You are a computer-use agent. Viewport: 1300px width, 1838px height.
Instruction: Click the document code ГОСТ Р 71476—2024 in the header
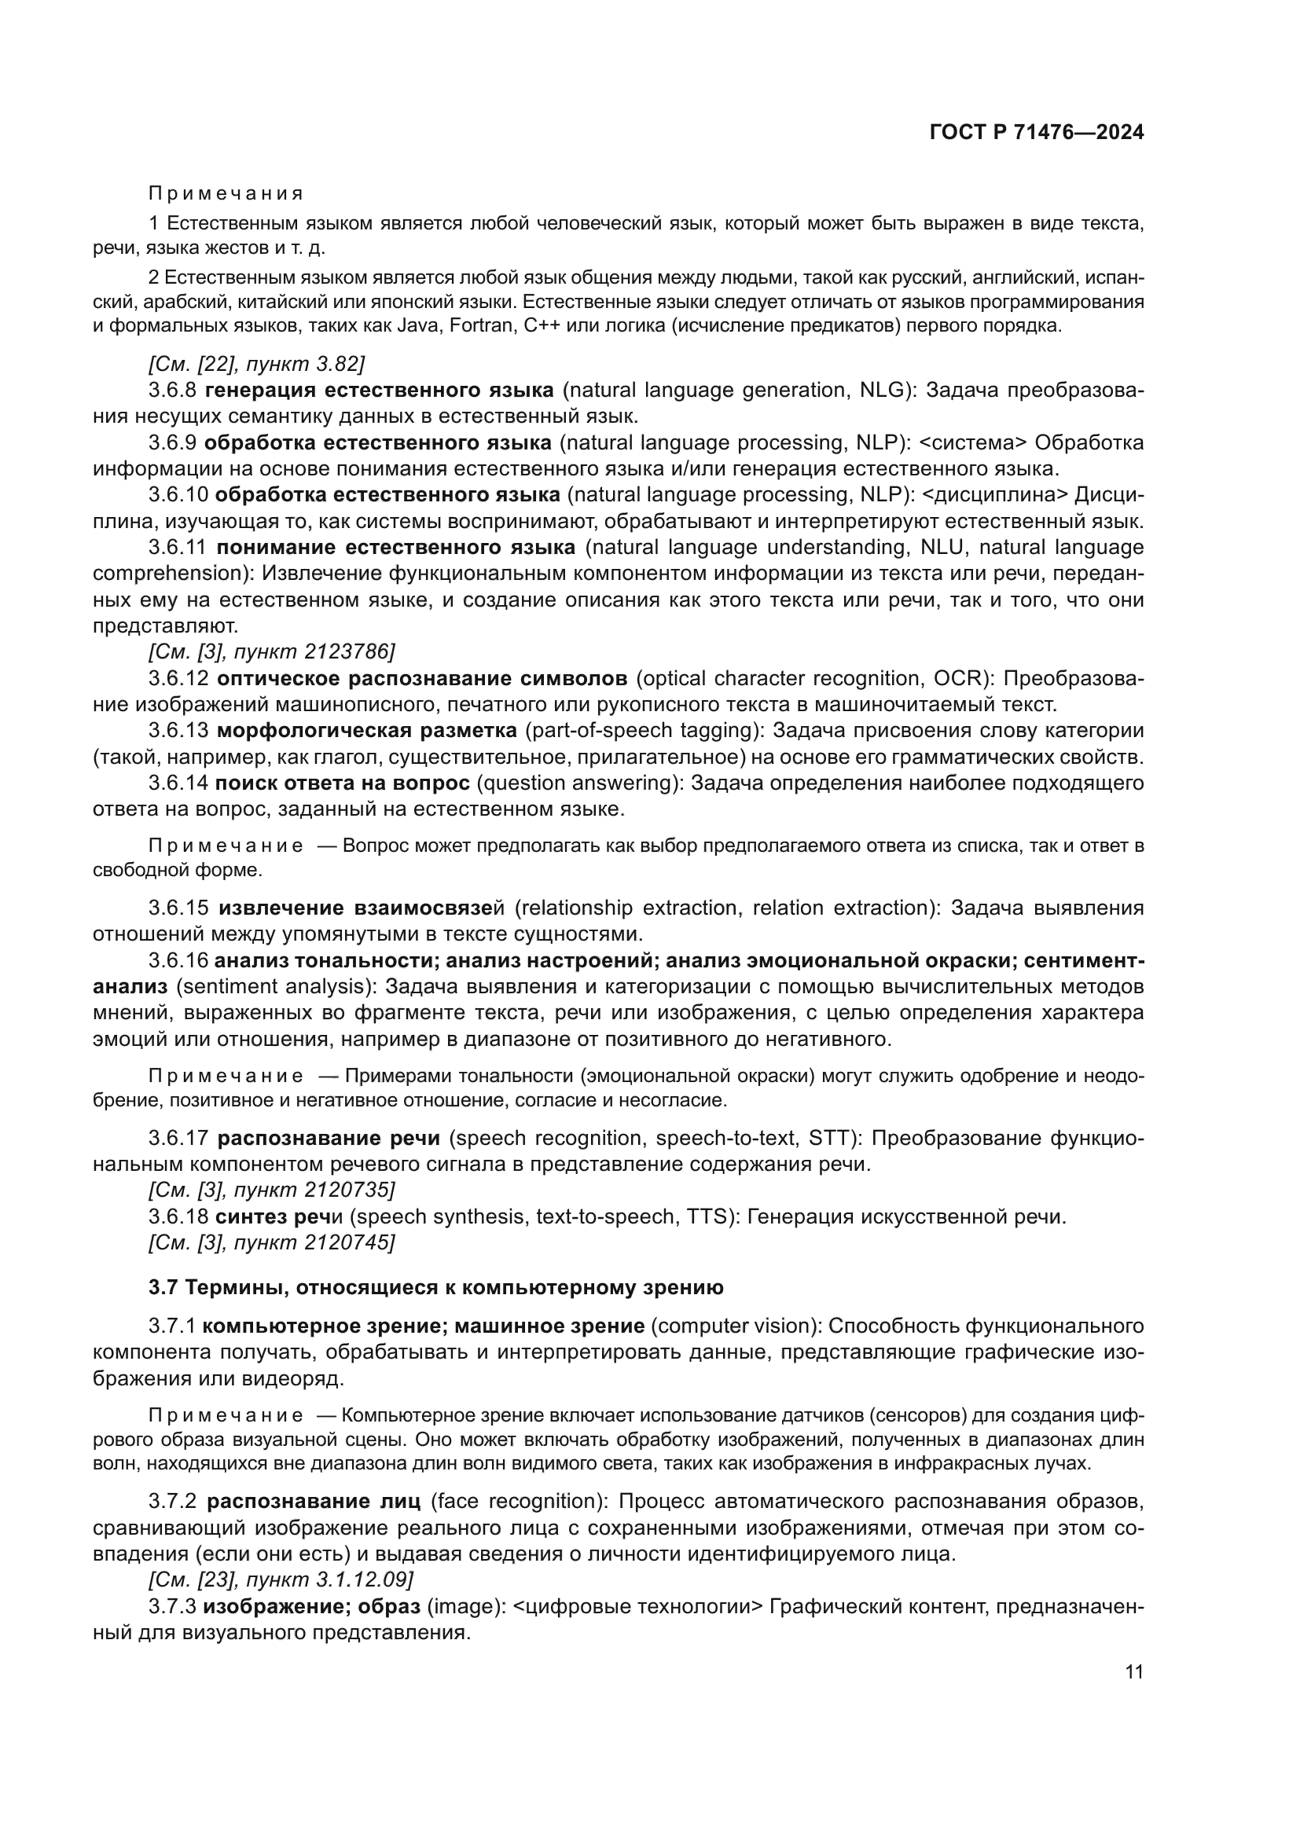[1037, 133]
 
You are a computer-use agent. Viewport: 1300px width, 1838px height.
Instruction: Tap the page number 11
[1133, 1672]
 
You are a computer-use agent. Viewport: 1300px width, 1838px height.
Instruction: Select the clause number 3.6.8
[173, 391]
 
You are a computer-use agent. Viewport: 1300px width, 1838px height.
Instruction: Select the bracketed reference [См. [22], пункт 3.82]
[256, 365]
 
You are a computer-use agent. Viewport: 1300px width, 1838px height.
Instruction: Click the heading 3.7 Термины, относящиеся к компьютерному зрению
[436, 1288]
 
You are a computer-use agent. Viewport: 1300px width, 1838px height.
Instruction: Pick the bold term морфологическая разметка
[366, 731]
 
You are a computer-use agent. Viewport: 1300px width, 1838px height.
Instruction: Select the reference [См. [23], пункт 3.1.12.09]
[281, 1579]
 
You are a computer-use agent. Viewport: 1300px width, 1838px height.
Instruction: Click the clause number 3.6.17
[178, 1139]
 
